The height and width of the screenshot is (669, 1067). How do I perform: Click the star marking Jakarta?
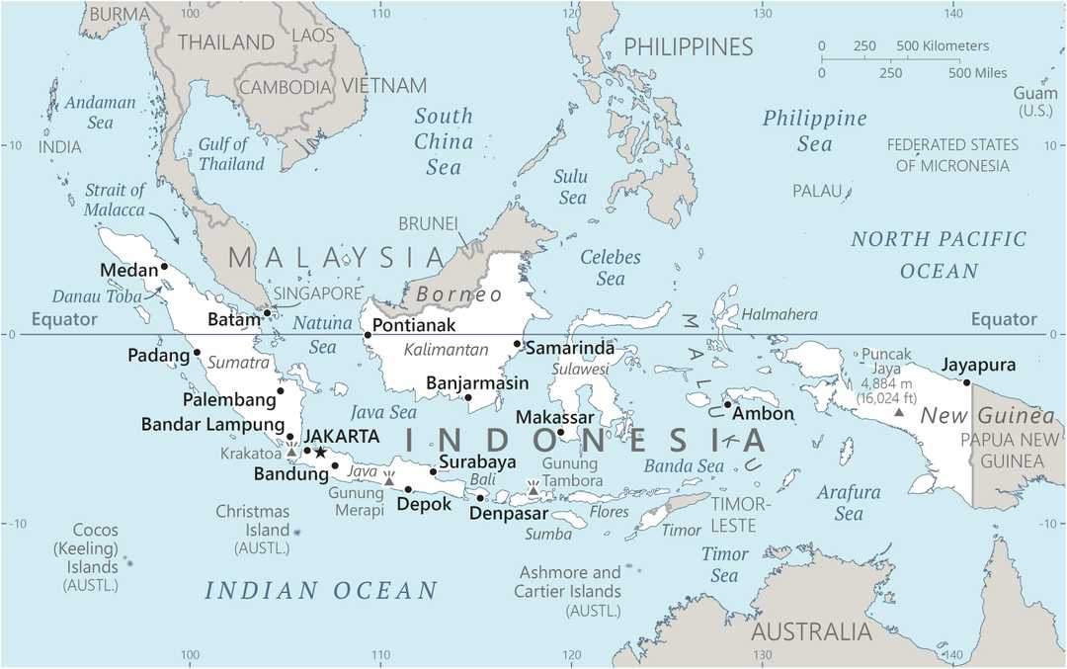point(320,453)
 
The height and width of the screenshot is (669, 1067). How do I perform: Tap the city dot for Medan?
point(165,267)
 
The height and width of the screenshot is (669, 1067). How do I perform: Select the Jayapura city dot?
point(967,383)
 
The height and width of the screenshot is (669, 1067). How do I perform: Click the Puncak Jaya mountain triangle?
point(898,410)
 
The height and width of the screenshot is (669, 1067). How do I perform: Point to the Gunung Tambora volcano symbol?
point(533,489)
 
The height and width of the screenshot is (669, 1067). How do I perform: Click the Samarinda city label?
point(570,348)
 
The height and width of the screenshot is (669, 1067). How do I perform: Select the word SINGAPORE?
point(318,293)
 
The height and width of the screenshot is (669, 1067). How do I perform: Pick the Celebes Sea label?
point(611,267)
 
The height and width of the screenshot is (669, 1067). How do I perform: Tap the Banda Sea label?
point(684,465)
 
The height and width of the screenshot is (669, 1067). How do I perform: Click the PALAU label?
point(816,190)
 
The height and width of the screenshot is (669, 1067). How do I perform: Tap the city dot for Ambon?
point(727,404)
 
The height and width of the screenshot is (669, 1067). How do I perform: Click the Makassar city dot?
point(560,432)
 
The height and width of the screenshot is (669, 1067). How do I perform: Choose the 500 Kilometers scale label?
point(943,46)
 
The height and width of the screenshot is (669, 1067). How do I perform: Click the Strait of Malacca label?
point(116,201)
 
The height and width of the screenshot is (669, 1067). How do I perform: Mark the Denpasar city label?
point(509,513)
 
